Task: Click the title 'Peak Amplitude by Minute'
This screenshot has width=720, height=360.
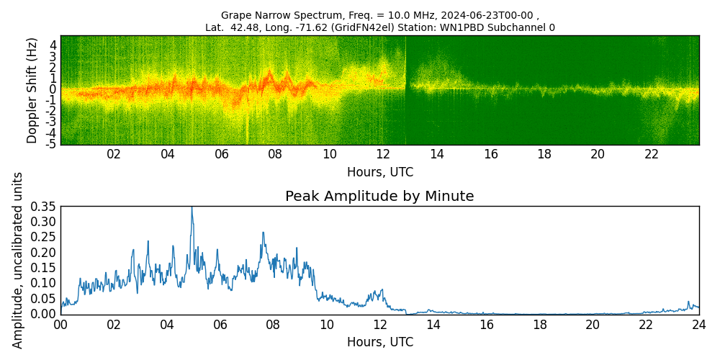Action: pyautogui.click(x=379, y=197)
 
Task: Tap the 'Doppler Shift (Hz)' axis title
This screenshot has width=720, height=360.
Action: pyautogui.click(x=32, y=90)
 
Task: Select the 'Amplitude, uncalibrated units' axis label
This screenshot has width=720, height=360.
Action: pyautogui.click(x=18, y=260)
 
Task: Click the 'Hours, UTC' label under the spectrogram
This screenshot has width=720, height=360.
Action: pyautogui.click(x=379, y=173)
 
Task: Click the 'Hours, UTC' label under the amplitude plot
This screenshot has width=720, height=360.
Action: pyautogui.click(x=379, y=343)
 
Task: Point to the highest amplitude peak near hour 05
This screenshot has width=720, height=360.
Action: pyautogui.click(x=192, y=208)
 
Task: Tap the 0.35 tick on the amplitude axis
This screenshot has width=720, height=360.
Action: pyautogui.click(x=43, y=207)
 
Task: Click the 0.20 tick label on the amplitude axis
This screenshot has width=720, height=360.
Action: pyautogui.click(x=43, y=253)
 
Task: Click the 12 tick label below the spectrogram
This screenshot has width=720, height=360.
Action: pyautogui.click(x=383, y=154)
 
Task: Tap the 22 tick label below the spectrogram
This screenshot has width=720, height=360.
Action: pyautogui.click(x=652, y=154)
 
